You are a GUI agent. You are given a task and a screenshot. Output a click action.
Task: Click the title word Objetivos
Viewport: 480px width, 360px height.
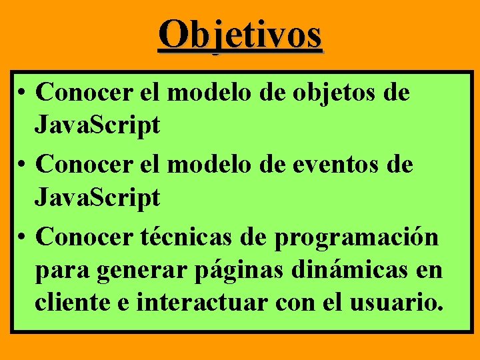click(x=241, y=35)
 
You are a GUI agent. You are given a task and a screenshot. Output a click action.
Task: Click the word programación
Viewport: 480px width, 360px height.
click(x=356, y=237)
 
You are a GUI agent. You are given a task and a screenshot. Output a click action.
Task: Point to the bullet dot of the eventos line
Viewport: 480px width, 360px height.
click(x=23, y=164)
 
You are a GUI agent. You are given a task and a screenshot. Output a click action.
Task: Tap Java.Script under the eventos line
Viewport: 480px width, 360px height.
click(x=97, y=197)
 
